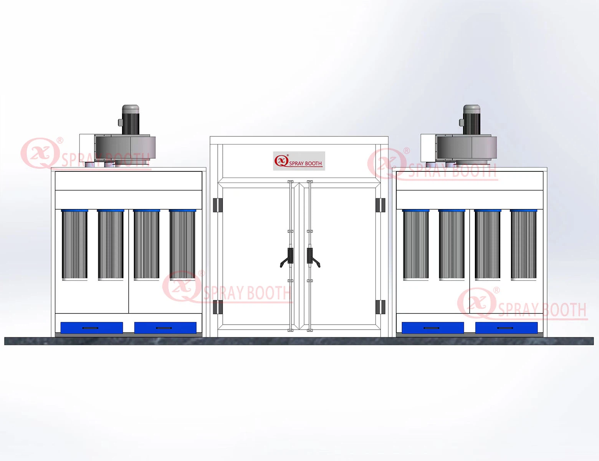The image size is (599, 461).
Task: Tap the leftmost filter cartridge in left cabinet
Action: tap(74, 244)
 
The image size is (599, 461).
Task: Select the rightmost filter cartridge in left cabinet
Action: tap(182, 244)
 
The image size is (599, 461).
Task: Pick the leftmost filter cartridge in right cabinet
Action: tap(415, 244)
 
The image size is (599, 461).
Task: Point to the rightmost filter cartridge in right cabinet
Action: tap(523, 244)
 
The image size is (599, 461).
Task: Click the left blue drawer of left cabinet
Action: tap(91, 328)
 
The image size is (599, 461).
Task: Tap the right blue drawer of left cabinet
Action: tap(165, 328)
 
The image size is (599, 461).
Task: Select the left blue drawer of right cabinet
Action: tap(432, 328)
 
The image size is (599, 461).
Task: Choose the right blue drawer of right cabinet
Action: tap(506, 328)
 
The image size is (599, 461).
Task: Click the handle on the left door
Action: tap(288, 257)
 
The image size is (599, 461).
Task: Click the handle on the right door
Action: tap(312, 257)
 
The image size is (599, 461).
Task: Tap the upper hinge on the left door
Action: tap(218, 205)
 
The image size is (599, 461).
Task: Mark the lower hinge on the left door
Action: tap(218, 307)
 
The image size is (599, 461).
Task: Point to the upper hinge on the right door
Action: tap(380, 205)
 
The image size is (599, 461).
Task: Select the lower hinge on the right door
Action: tap(380, 307)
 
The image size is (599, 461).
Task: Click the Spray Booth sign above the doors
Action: tap(299, 161)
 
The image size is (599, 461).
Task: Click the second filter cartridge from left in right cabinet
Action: tap(452, 244)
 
